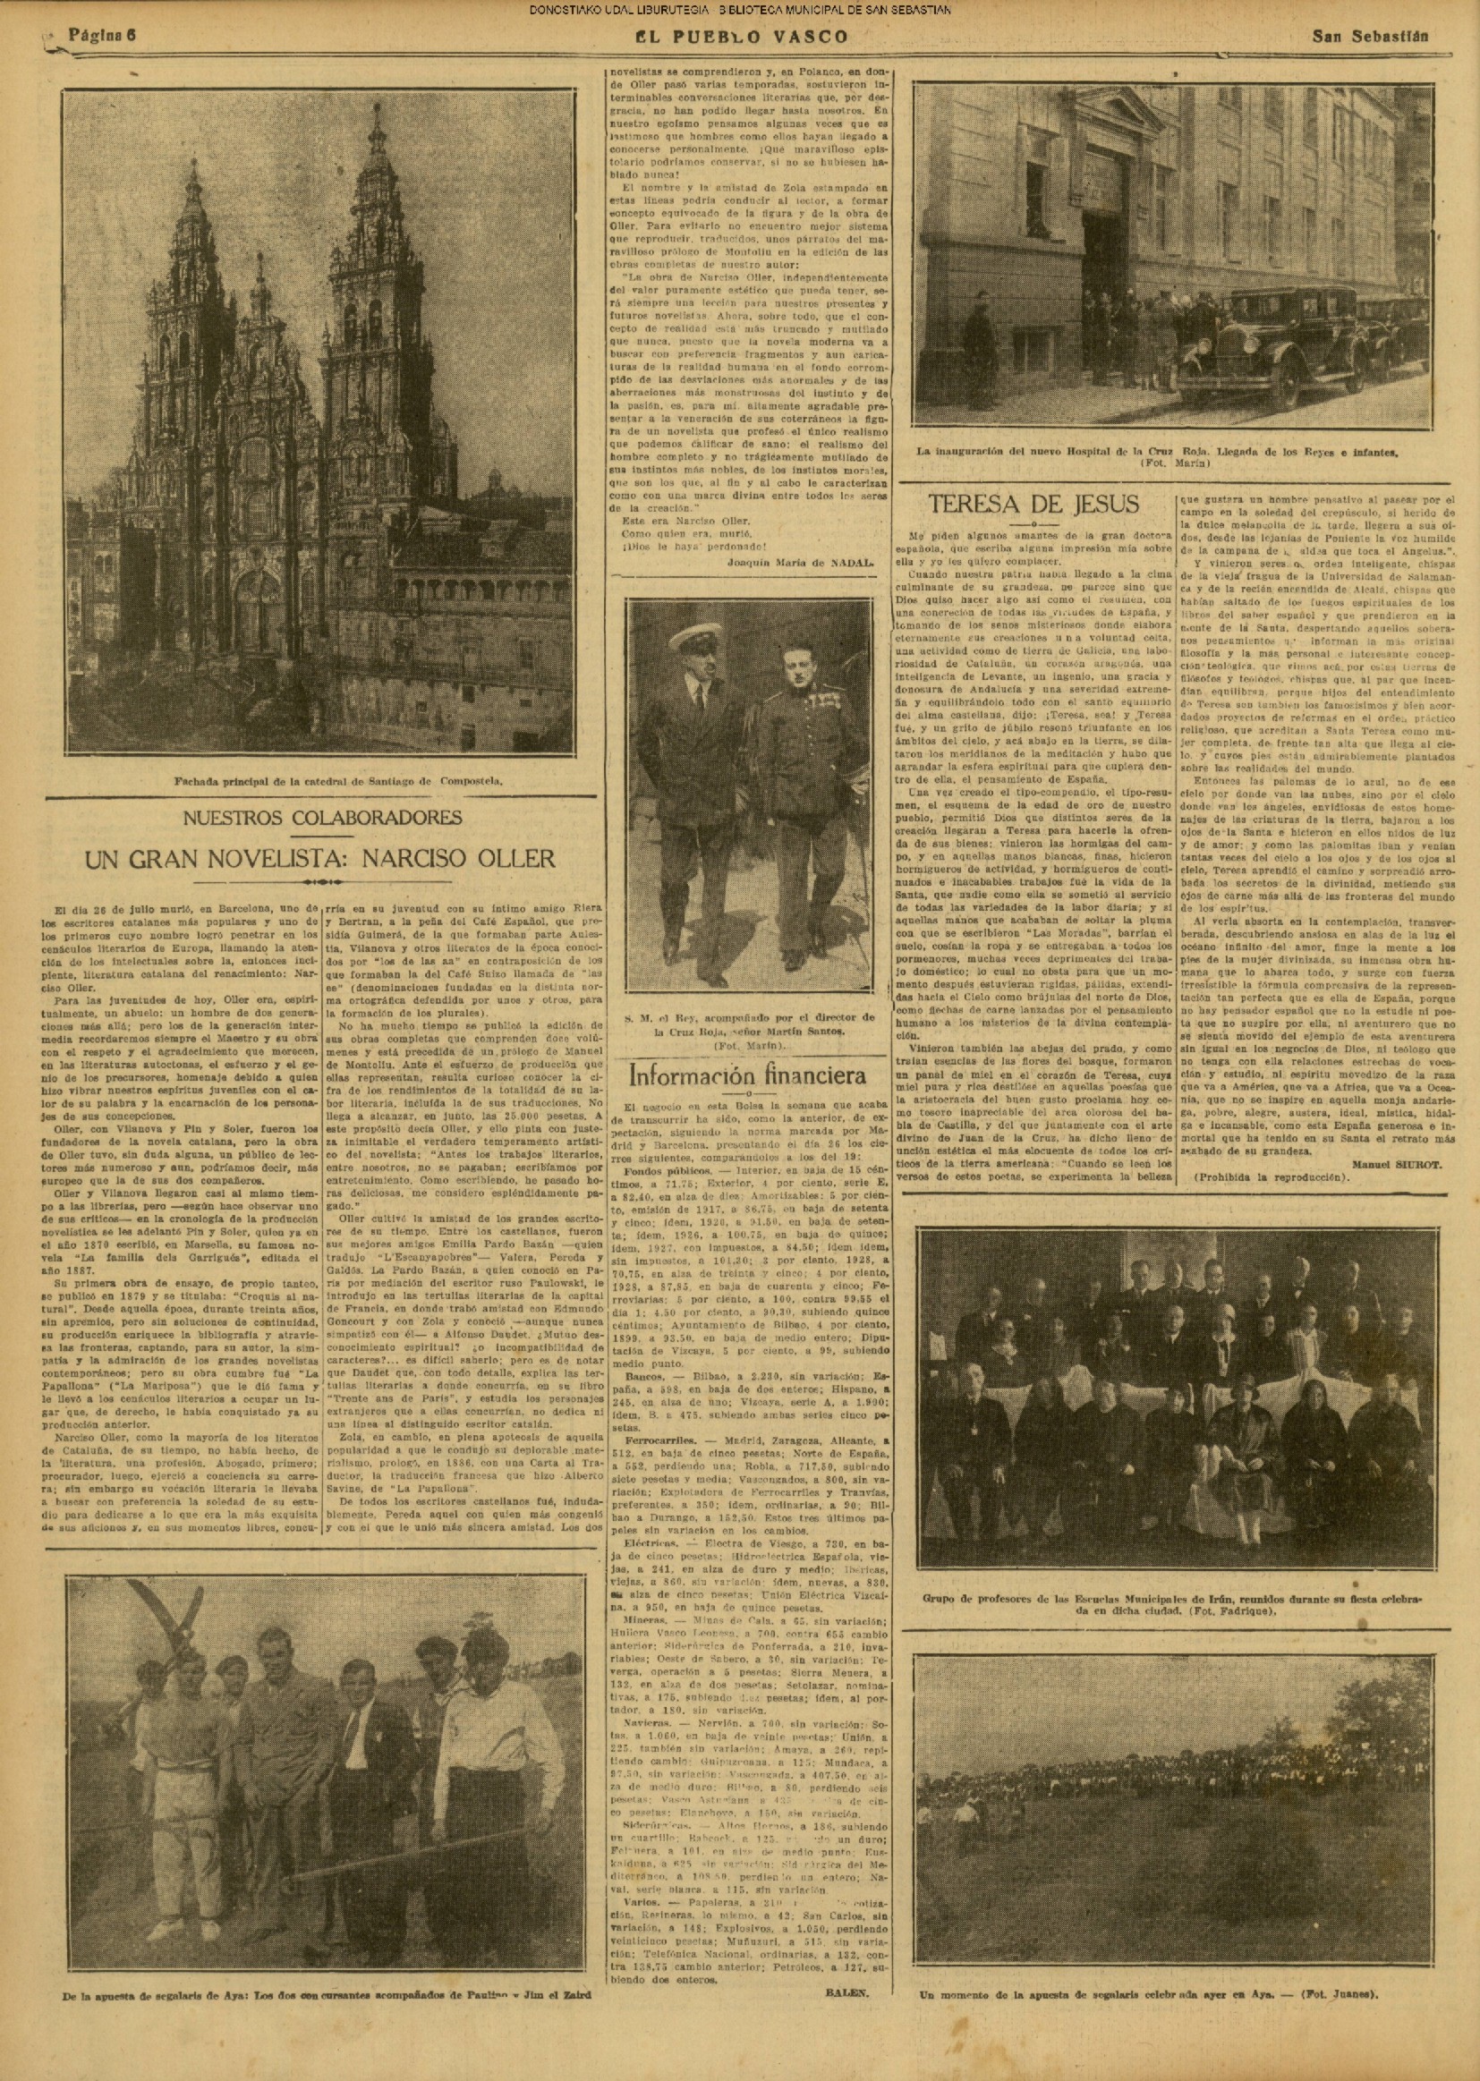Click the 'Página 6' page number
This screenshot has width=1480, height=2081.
point(102,37)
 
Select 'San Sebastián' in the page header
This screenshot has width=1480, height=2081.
point(1370,38)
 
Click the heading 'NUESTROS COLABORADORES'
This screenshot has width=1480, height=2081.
point(323,817)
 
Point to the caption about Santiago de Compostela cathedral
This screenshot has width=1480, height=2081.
point(338,781)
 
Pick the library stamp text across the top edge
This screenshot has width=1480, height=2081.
point(740,11)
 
